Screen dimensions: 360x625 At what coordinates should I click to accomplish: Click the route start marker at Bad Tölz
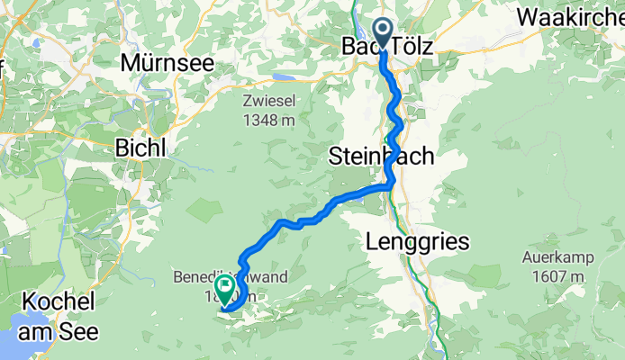point(383,32)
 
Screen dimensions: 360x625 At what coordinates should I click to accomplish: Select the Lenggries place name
point(419,241)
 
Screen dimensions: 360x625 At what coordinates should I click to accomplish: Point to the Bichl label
point(140,149)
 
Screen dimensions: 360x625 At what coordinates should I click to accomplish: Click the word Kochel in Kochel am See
point(54,301)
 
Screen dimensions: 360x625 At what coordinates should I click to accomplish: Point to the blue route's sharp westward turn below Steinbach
point(390,185)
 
